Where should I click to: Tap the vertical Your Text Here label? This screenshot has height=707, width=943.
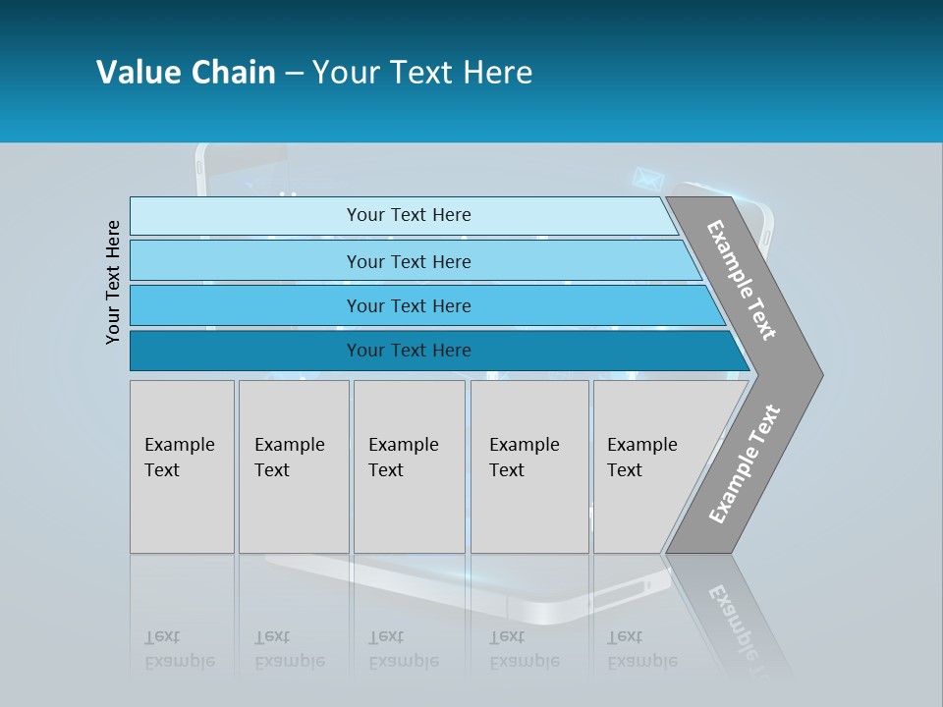point(113,283)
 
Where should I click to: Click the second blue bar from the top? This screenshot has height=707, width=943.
point(408,261)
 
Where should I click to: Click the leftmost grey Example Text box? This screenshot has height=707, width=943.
point(182,466)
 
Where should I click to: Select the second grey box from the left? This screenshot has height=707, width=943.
point(294,466)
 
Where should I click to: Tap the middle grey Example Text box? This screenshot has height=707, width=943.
point(409,466)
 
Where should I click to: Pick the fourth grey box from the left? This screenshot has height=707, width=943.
point(529,466)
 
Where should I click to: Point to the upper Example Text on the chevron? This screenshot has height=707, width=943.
point(742,280)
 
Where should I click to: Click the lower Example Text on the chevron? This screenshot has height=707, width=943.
point(745,464)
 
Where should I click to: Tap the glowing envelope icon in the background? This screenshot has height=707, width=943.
point(646,179)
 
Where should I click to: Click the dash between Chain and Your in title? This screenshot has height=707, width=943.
point(294,74)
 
